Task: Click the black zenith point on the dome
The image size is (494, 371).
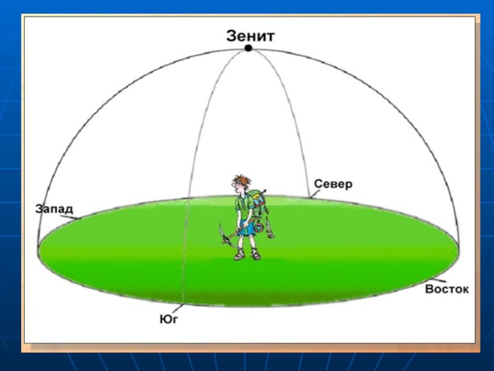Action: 248,48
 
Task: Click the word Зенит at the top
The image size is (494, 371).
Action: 251,36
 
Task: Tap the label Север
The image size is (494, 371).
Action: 333,184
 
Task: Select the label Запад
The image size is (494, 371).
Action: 54,209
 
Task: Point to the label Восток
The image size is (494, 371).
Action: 446,289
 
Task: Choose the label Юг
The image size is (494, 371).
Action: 169,319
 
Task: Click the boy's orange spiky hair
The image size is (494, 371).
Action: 242,180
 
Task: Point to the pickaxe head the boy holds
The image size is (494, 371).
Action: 223,233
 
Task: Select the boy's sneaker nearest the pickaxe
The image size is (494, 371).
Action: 240,254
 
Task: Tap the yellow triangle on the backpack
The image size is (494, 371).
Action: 257,198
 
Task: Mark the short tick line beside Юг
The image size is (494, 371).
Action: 178,309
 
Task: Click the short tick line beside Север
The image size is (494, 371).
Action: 314,194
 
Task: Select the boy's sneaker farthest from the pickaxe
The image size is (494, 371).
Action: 256,254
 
